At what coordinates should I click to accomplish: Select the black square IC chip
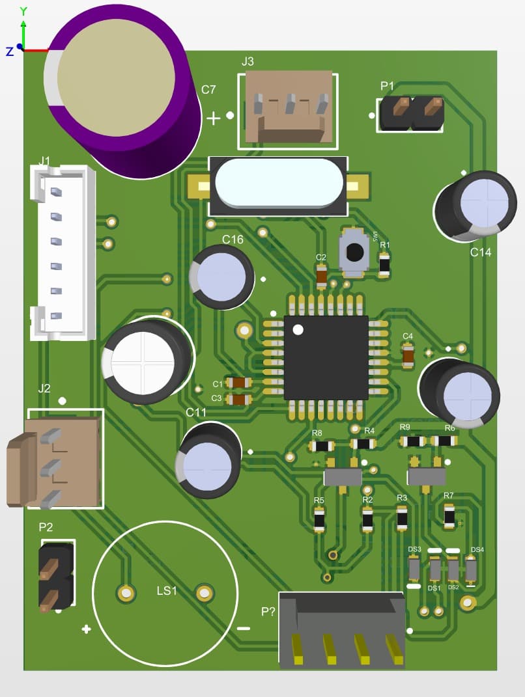pos(326,357)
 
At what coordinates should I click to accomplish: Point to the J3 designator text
pos(248,62)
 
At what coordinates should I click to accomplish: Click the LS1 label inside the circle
pos(166,590)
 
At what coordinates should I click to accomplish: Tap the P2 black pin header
pos(55,576)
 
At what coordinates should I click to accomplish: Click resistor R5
pos(319,519)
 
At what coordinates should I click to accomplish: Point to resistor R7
pos(449,515)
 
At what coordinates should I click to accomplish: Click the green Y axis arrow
pos(23,29)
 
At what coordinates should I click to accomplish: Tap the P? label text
pos(268,612)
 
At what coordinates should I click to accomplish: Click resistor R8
pos(321,446)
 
